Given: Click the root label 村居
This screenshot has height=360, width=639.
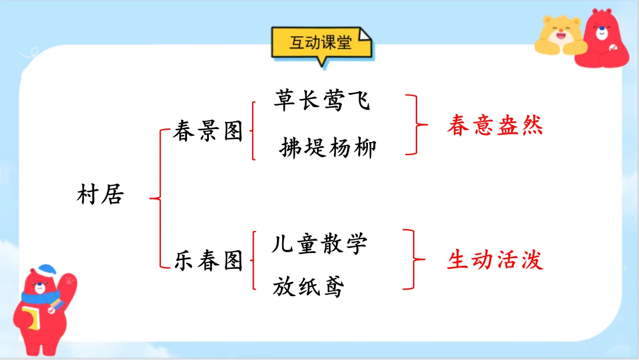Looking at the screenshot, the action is coord(100,195).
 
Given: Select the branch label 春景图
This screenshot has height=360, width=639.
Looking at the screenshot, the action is coord(208,132).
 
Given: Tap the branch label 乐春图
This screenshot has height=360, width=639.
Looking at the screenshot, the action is coord(208,261).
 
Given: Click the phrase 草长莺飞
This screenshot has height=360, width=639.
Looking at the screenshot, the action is coord(322,101).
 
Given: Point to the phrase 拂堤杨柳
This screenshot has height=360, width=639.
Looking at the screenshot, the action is coord(327,147).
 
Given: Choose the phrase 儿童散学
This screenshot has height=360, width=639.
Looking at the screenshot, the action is coord(319,243).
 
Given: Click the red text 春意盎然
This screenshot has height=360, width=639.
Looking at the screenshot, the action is coord(495,126).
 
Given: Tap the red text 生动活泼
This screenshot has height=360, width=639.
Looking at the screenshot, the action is coord(495,260).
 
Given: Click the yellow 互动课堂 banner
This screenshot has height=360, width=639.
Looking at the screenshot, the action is coord(321,43).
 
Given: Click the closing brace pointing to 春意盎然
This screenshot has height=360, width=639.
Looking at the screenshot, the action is coord(417,125).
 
